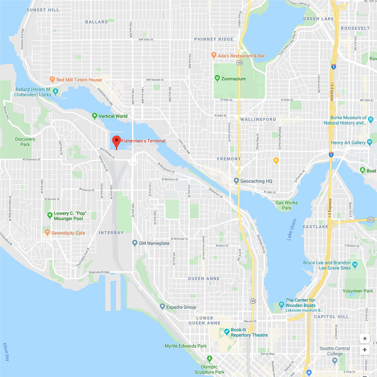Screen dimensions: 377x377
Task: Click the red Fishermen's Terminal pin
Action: click(116, 141)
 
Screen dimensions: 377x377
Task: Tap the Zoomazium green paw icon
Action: click(218, 78)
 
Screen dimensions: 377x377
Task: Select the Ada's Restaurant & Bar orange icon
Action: click(214, 55)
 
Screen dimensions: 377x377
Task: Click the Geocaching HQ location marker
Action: click(236, 181)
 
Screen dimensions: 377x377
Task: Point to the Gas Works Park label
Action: click(286, 205)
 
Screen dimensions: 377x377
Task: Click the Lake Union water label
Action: click(292, 230)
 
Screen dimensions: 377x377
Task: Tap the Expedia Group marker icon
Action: click(162, 306)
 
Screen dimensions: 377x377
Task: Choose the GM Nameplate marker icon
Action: click(135, 243)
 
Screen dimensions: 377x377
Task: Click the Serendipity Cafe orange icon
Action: click(47, 232)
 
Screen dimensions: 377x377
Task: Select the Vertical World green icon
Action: click(95, 116)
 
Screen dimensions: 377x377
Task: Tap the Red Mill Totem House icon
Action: click(52, 79)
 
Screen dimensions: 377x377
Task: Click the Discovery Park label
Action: click(25, 142)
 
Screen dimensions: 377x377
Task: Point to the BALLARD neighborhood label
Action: click(96, 22)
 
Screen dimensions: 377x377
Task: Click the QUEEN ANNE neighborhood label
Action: click(204, 279)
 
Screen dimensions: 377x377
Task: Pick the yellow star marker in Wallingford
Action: click(276, 160)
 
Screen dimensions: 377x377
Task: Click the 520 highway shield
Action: click(370, 219)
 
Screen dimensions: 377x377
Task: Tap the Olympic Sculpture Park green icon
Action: click(209, 358)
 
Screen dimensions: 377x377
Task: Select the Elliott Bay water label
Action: click(6, 352)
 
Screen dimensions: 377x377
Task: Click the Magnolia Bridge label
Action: click(99, 272)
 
